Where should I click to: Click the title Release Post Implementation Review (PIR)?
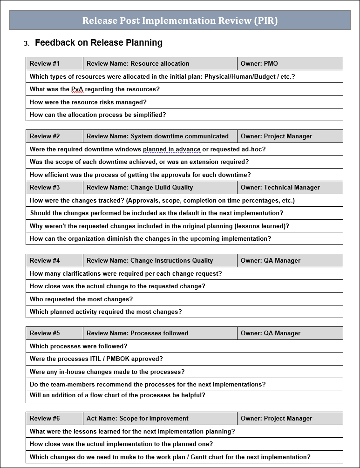point(180,20)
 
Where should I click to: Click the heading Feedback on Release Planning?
point(98,43)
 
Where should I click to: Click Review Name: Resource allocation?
point(138,64)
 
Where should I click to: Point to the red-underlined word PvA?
point(77,89)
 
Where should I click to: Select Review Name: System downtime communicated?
point(157,136)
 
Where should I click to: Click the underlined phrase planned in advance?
point(171,149)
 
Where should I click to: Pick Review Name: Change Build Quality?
point(140,188)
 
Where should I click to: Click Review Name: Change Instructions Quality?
point(149,261)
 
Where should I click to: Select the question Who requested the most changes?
point(81,299)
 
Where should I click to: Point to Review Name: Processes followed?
point(137,333)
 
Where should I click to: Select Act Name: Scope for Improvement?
point(137,419)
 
